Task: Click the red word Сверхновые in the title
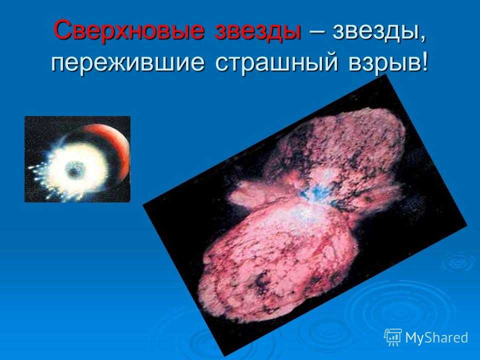pyautogui.click(x=128, y=30)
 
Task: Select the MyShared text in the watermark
pyautogui.click(x=436, y=337)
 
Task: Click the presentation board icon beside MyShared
pyautogui.click(x=393, y=337)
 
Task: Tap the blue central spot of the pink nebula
pyautogui.click(x=312, y=192)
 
